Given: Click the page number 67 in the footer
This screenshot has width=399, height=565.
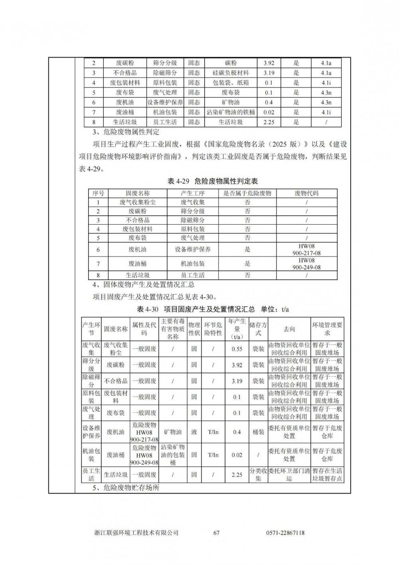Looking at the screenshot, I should pyautogui.click(x=217, y=533).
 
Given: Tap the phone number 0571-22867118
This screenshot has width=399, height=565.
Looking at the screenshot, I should pyautogui.click(x=285, y=533).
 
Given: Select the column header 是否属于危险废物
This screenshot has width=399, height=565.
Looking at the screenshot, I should pyautogui.click(x=247, y=193).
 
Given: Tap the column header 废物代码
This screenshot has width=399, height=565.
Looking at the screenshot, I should pyautogui.click(x=306, y=193).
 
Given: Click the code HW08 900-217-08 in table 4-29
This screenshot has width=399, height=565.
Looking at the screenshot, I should pyautogui.click(x=306, y=250).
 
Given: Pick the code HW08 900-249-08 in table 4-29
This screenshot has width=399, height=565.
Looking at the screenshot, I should pyautogui.click(x=306, y=264).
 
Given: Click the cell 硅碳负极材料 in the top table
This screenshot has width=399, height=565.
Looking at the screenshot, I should pyautogui.click(x=231, y=73).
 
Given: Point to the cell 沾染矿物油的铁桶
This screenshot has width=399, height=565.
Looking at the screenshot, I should pyautogui.click(x=231, y=112).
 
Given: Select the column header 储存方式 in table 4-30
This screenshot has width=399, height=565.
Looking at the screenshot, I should pyautogui.click(x=258, y=329).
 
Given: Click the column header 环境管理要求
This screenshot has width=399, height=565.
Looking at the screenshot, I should pyautogui.click(x=327, y=329).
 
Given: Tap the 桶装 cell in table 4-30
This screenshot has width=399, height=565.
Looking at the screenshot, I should pyautogui.click(x=258, y=432).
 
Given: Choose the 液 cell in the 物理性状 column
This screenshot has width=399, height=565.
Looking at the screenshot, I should pyautogui.click(x=194, y=432).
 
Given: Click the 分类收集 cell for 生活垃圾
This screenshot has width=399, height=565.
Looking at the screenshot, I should pyautogui.click(x=258, y=475).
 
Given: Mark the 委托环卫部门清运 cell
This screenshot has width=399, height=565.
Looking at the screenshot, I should pyautogui.click(x=289, y=475).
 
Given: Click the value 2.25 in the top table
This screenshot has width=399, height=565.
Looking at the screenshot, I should pyautogui.click(x=269, y=122).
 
